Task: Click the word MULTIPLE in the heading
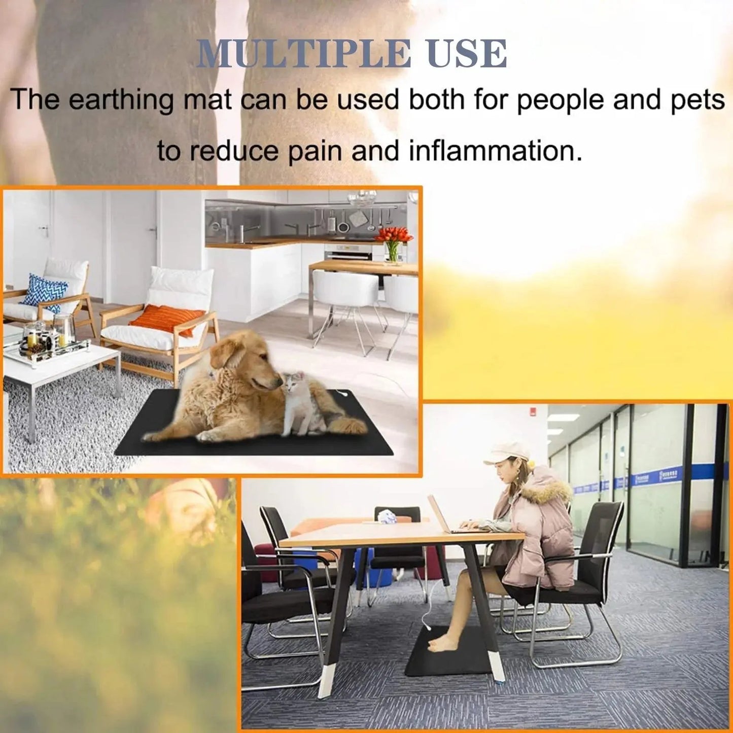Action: click(x=303, y=53)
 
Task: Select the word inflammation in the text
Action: click(x=495, y=151)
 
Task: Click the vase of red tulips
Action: click(x=393, y=243)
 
